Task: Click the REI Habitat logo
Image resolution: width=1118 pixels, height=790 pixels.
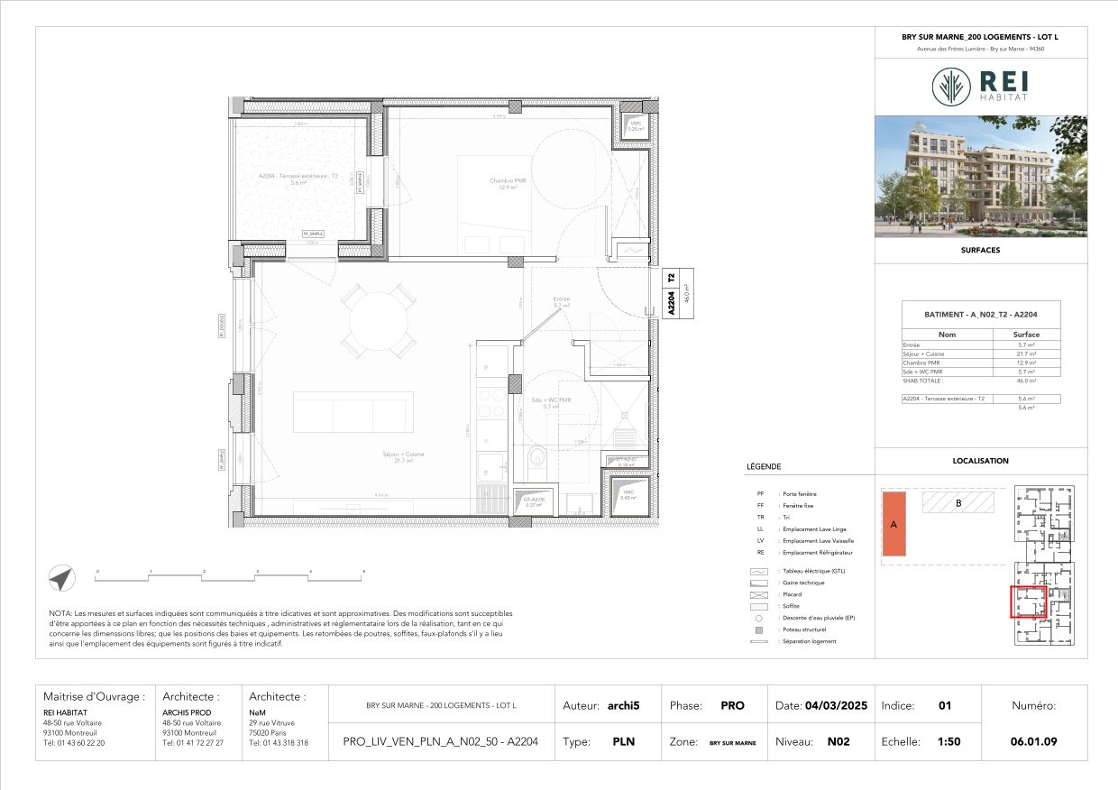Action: pyautogui.click(x=980, y=87)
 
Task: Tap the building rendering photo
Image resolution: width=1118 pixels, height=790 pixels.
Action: pyautogui.click(x=981, y=176)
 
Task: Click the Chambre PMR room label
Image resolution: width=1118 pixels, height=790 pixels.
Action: pyautogui.click(x=507, y=183)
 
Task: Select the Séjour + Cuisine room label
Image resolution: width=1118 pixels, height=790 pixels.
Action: pyautogui.click(x=403, y=456)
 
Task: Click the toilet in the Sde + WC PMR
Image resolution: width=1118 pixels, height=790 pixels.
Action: pyautogui.click(x=537, y=456)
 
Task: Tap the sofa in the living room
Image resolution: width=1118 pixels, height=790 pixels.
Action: pyautogui.click(x=353, y=412)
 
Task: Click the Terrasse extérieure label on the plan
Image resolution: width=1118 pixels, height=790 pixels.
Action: pyautogui.click(x=294, y=179)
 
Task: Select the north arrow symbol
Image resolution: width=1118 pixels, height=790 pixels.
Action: pyautogui.click(x=61, y=579)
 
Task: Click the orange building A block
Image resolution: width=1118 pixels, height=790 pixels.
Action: pyautogui.click(x=893, y=524)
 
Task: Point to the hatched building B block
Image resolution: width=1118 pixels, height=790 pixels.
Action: pyautogui.click(x=958, y=502)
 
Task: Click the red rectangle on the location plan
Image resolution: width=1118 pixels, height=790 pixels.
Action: pyautogui.click(x=1027, y=602)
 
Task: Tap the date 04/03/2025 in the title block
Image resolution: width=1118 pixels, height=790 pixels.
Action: pyautogui.click(x=836, y=706)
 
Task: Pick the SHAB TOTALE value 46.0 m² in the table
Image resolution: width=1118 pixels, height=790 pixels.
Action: pyautogui.click(x=1026, y=381)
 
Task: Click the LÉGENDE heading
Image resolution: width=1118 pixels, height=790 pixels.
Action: pyautogui.click(x=764, y=467)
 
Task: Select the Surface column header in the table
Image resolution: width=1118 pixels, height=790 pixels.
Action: pyautogui.click(x=1026, y=335)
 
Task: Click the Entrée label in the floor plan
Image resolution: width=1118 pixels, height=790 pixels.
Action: pyautogui.click(x=562, y=301)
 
